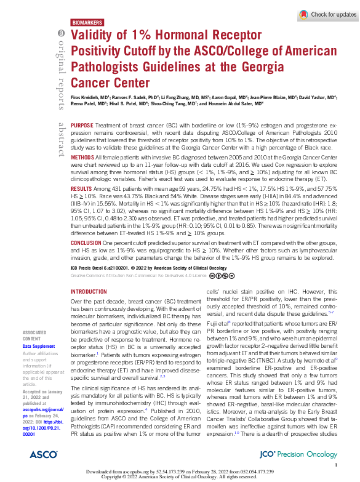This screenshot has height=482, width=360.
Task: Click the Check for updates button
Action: [327, 14]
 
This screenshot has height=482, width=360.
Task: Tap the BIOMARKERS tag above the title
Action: [87, 22]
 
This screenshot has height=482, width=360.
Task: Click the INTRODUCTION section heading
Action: [89, 292]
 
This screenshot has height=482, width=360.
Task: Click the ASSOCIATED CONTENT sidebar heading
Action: [34, 335]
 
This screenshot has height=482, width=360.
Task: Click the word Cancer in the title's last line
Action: [91, 82]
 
